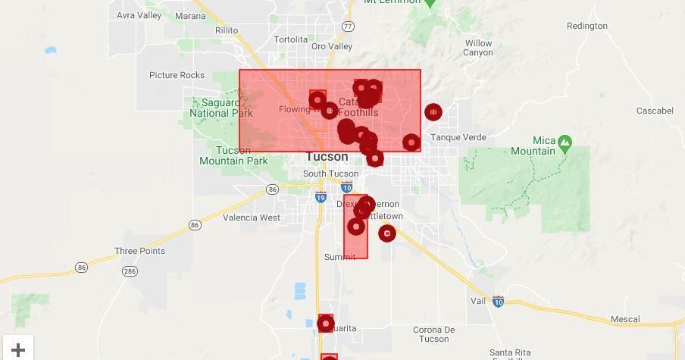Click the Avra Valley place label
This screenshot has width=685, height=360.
[139, 15]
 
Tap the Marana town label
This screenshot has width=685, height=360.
[189, 15]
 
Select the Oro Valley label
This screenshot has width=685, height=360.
[332, 46]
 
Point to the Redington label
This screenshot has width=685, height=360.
[586, 26]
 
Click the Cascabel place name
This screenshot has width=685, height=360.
[655, 111]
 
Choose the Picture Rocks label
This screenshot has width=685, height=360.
[177, 75]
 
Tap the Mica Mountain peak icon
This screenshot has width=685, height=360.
[565, 141]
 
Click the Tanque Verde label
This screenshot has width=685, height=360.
[458, 137]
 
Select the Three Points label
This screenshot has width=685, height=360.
[139, 251]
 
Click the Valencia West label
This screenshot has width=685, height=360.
[251, 218]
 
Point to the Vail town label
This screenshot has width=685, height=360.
[477, 301]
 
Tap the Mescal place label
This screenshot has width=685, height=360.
[624, 320]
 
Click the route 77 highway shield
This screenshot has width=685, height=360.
[348, 26]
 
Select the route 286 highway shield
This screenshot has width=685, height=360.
[130, 271]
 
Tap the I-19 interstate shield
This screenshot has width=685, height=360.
[320, 198]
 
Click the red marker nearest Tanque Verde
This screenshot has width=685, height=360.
[433, 113]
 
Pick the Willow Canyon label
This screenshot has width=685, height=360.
[478, 48]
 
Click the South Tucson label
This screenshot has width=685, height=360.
[330, 174]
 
